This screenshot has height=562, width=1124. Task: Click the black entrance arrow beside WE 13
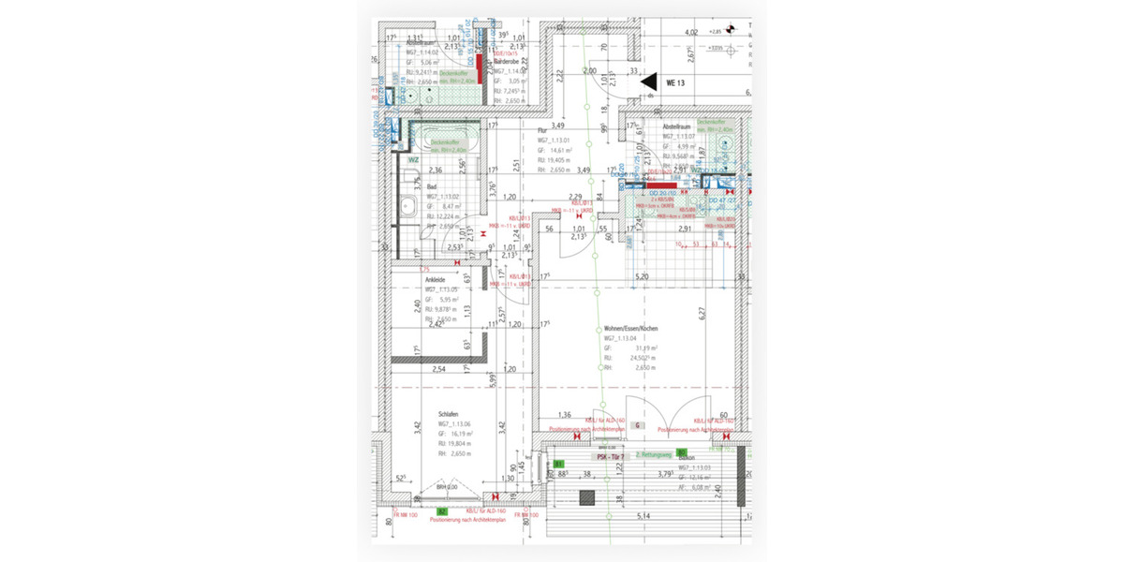tap(648, 83)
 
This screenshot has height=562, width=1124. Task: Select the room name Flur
tap(541, 131)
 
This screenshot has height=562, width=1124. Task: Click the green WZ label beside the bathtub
tap(412, 160)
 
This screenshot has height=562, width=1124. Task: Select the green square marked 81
tap(557, 464)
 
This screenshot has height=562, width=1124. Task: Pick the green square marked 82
tap(441, 512)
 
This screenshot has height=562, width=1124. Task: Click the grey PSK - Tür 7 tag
tap(610, 455)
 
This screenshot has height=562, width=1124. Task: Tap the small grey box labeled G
tap(637, 424)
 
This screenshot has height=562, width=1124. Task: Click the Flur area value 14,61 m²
tap(561, 150)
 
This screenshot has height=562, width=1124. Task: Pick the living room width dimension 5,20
tap(643, 277)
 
